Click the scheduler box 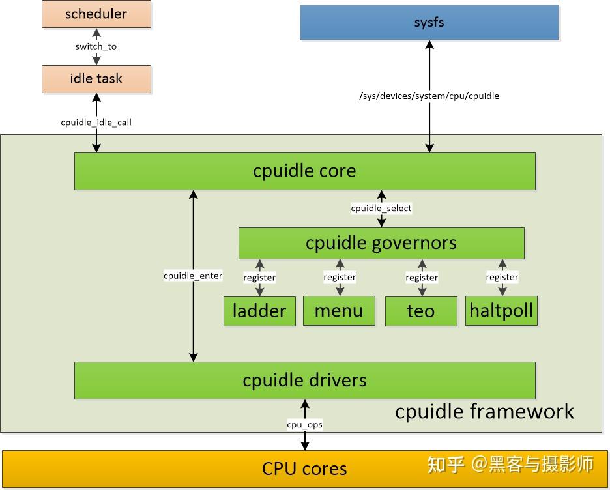pyautogui.click(x=96, y=14)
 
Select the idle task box pyautogui.click(x=96, y=79)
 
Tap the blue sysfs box pyautogui.click(x=429, y=23)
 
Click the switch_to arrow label pyautogui.click(x=96, y=46)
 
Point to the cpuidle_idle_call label pyautogui.click(x=96, y=122)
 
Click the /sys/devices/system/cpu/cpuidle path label pyautogui.click(x=429, y=96)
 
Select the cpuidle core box pyautogui.click(x=304, y=171)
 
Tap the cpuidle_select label pyautogui.click(x=381, y=209)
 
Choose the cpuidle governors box pyautogui.click(x=381, y=243)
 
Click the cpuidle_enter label pyautogui.click(x=193, y=276)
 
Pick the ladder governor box pyautogui.click(x=259, y=311)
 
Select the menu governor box pyautogui.click(x=339, y=311)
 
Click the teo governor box pyautogui.click(x=421, y=311)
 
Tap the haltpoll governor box pyautogui.click(x=502, y=311)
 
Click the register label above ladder pyautogui.click(x=259, y=278)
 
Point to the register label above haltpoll pyautogui.click(x=502, y=278)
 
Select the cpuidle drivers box pyautogui.click(x=304, y=381)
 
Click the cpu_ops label pyautogui.click(x=304, y=425)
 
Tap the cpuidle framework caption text pyautogui.click(x=484, y=412)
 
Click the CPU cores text pyautogui.click(x=304, y=468)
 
